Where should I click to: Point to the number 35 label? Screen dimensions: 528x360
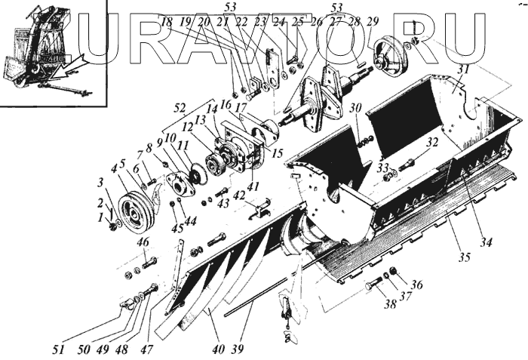tap(463, 257)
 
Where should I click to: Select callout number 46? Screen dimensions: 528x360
tap(143, 242)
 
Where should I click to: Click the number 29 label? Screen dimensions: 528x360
tap(371, 23)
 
